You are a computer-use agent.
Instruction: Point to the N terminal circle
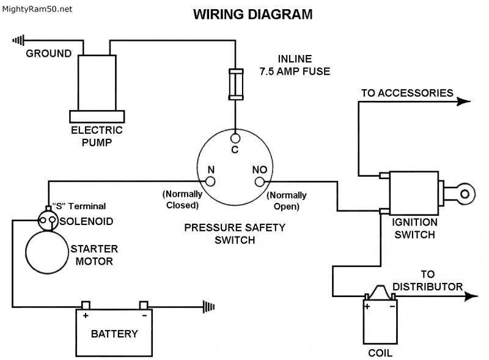210,182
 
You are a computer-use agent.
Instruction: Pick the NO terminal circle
259,182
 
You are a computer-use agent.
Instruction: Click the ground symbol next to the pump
19,41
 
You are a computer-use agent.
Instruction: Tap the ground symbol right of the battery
210,306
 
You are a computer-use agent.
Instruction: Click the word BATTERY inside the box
114,334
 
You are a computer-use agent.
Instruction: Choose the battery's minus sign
144,316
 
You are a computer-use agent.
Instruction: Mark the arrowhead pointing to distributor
471,296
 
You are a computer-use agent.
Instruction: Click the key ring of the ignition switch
465,194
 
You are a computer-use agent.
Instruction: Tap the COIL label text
380,353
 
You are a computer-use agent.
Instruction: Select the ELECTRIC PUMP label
97,136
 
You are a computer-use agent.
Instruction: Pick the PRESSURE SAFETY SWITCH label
235,233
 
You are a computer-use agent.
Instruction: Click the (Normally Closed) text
182,200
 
